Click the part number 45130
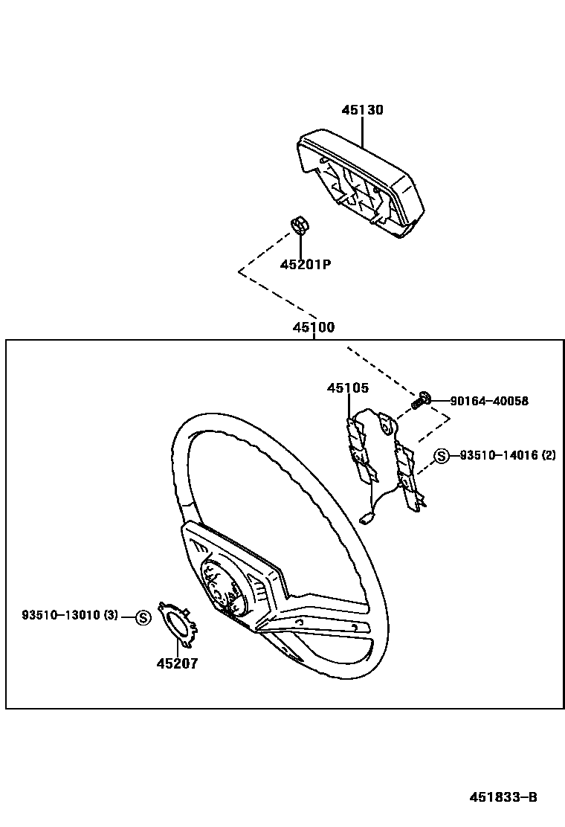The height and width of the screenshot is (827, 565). tap(363, 110)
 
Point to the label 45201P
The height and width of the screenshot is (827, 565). tap(305, 264)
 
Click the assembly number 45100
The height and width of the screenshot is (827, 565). tap(313, 327)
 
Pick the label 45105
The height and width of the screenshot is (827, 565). tap(347, 387)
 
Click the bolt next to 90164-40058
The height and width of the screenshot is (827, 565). tap(421, 400)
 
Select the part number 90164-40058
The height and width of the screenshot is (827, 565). tap(489, 401)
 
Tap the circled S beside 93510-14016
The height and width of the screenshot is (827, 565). tap(442, 456)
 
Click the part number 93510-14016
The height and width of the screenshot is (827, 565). tap(497, 456)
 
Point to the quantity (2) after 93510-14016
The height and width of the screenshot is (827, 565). tap(549, 456)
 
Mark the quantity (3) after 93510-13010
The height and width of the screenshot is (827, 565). tap(110, 615)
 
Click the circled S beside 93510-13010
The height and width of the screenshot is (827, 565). tap(143, 616)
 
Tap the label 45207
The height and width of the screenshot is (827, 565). tap(177, 663)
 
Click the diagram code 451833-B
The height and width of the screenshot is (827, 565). tap(503, 797)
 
